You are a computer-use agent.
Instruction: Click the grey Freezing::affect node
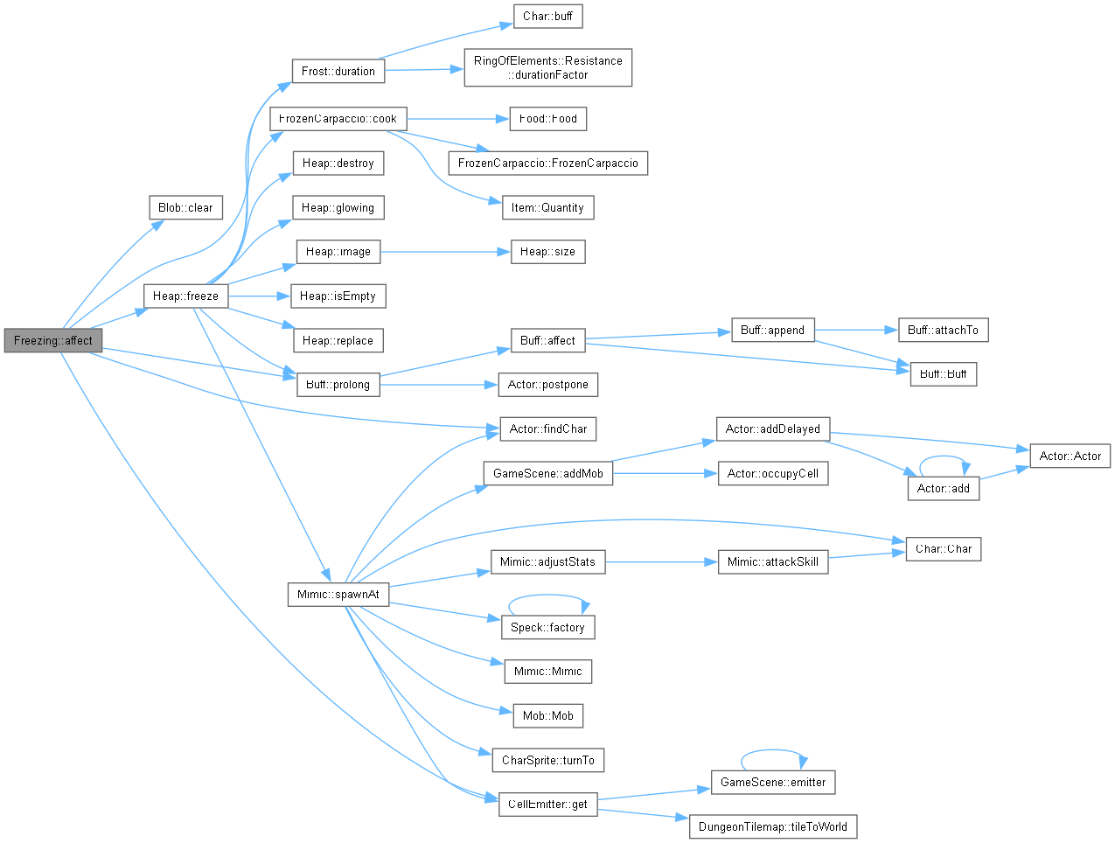52,340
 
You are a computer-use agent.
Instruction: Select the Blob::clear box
186,207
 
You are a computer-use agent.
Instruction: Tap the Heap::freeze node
186,296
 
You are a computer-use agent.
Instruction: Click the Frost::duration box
338,71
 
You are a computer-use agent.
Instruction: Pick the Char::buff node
548,17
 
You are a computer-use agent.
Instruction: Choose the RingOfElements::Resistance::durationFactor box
548,67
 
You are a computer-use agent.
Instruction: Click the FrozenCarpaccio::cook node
338,119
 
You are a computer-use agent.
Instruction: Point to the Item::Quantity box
548,207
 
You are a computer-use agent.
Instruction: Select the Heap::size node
548,251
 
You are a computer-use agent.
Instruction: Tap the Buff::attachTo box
944,330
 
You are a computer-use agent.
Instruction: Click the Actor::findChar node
548,429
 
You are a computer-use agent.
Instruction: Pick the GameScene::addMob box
548,473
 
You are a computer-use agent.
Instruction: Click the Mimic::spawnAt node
338,594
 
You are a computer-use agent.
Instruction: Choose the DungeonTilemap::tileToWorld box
773,826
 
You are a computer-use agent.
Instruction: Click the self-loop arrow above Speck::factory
548,595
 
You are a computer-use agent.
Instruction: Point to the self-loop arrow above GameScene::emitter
773,749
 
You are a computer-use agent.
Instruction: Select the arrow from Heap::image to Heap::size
445,251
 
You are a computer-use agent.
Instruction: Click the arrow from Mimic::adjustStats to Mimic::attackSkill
661,562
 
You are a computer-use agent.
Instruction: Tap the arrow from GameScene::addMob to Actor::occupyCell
666,473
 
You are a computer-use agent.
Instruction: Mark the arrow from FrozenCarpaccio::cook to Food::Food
458,119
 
